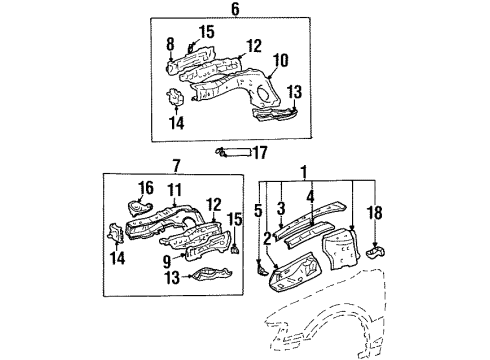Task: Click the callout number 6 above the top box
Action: coord(236,9)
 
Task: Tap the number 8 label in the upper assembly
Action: coord(169,46)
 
